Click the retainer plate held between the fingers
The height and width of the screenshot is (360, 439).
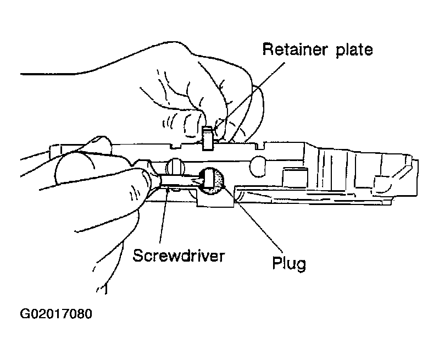pos(207,137)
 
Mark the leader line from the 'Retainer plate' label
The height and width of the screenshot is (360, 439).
pos(253,94)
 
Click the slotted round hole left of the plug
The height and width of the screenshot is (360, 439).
pos(175,165)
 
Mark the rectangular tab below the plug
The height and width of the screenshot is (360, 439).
pos(214,202)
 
